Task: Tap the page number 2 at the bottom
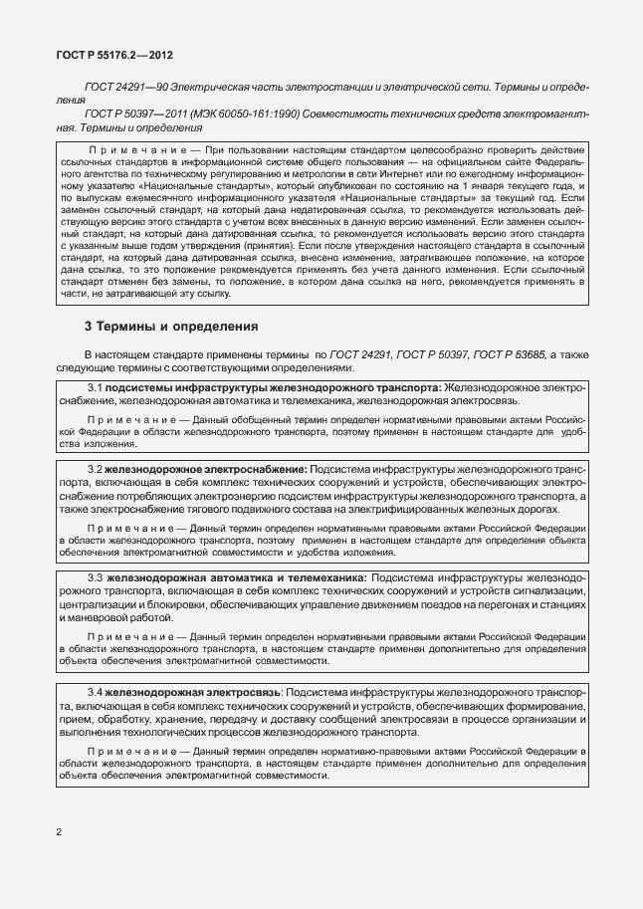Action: click(x=59, y=831)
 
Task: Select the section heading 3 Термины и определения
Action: click(x=157, y=326)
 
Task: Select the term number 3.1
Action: click(x=95, y=386)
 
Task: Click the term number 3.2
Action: click(x=95, y=469)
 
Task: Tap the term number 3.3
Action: click(x=95, y=577)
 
